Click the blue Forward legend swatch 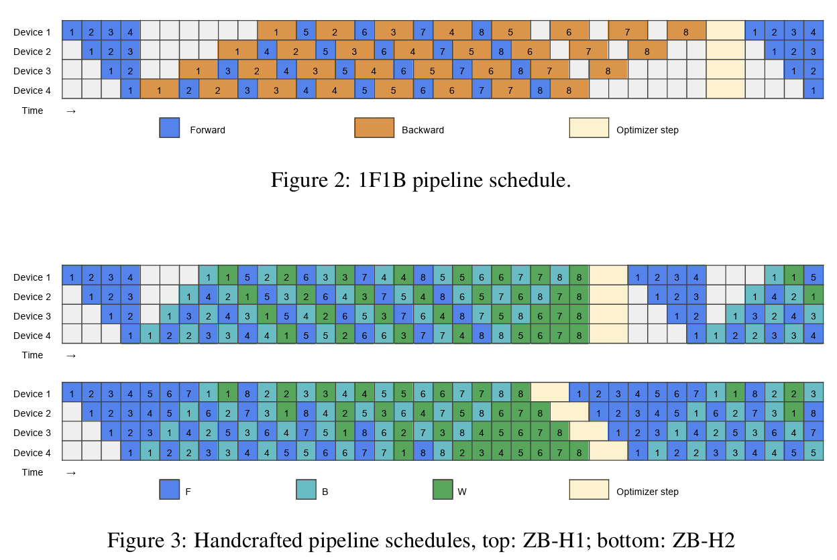[x=169, y=128]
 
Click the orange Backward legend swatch [x=374, y=128]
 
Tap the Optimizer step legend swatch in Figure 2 [x=589, y=128]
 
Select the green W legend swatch [x=443, y=490]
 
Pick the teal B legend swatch [x=306, y=490]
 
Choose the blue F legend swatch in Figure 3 [x=169, y=490]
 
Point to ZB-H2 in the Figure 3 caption [x=708, y=541]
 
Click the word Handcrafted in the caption [x=243, y=541]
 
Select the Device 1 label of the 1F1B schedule [x=32, y=32]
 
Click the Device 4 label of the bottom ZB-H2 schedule [x=32, y=453]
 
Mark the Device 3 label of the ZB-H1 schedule [x=32, y=316]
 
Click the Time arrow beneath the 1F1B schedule [x=71, y=111]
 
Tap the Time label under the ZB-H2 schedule [x=32, y=472]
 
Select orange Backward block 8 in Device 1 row [x=686, y=31]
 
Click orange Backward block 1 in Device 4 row [x=160, y=90]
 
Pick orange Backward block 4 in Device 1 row [x=452, y=31]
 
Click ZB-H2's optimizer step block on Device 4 [x=608, y=452]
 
